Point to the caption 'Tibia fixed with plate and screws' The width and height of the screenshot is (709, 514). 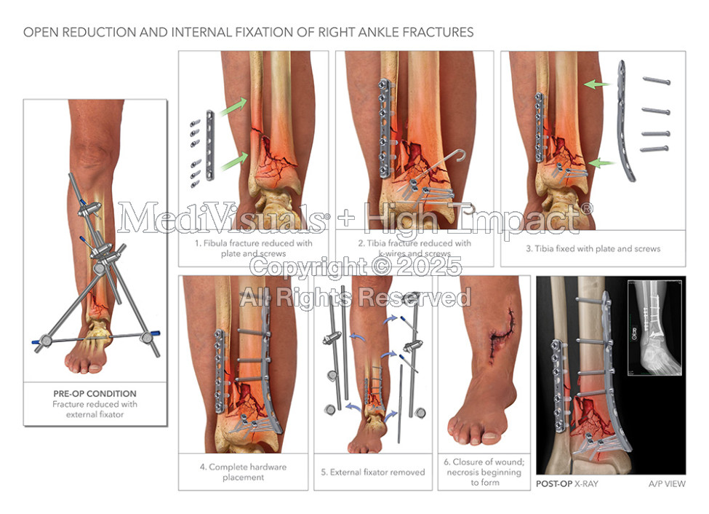click(x=593, y=248)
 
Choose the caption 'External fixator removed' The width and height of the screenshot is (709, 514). click(x=372, y=472)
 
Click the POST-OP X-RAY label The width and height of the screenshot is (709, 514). click(x=566, y=483)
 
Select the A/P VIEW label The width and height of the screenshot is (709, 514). click(x=667, y=483)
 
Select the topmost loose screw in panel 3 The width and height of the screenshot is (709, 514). click(x=656, y=81)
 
